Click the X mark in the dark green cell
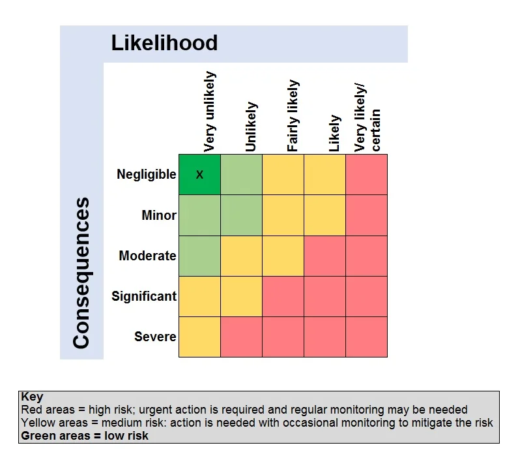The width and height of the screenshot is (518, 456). (x=199, y=175)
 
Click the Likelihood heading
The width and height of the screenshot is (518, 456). (x=164, y=43)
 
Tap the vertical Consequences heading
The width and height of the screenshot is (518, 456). (x=81, y=273)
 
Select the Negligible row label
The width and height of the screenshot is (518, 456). (x=147, y=174)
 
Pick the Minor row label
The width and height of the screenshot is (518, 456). (x=159, y=215)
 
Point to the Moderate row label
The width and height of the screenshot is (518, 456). (x=147, y=256)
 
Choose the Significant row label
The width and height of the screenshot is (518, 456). (x=144, y=296)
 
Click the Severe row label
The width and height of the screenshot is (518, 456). (x=155, y=337)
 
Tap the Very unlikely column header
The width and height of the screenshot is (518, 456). (x=210, y=112)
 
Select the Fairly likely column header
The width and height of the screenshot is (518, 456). (x=293, y=115)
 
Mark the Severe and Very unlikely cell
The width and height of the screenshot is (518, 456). (x=199, y=337)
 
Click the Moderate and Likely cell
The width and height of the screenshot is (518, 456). (x=324, y=256)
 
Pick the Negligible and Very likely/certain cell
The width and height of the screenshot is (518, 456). (x=366, y=175)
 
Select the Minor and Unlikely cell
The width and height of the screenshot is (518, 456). (x=241, y=215)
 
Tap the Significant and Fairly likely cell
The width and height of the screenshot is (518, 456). (x=283, y=296)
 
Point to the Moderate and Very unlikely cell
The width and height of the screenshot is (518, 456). (x=199, y=256)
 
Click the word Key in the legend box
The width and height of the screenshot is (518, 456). (x=32, y=397)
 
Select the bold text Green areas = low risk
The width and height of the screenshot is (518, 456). (x=85, y=436)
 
